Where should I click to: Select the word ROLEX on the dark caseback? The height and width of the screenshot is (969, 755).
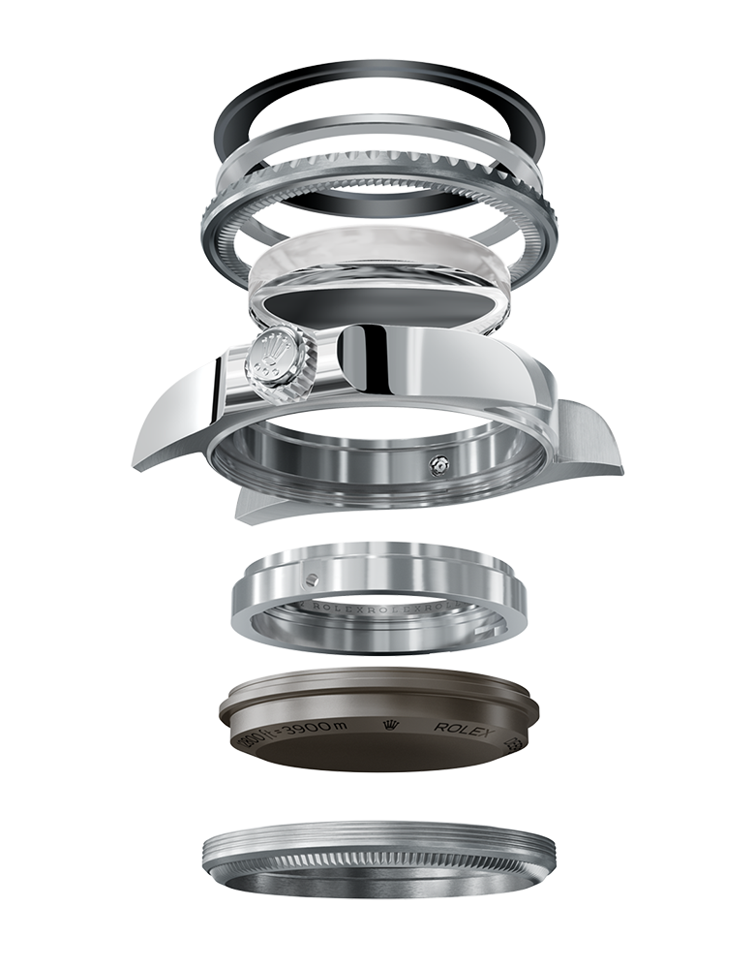pyautogui.click(x=464, y=728)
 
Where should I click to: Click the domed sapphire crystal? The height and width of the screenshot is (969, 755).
pyautogui.click(x=377, y=257)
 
